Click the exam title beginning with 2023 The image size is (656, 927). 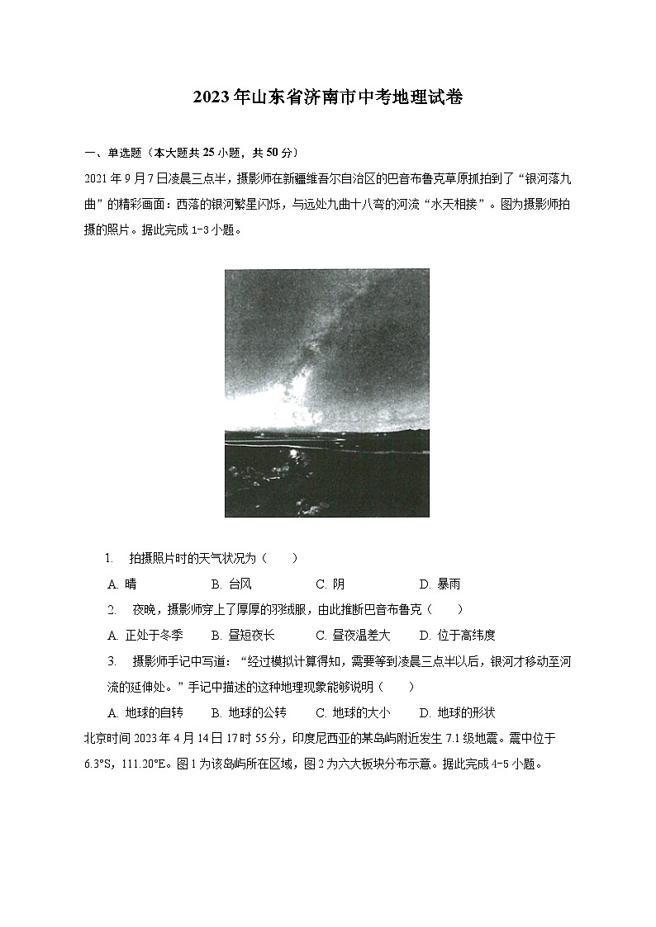point(327,97)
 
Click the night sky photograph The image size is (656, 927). point(326,392)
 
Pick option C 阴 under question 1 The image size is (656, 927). point(330,584)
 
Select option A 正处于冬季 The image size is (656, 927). point(145,635)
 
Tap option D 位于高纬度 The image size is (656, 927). point(457,635)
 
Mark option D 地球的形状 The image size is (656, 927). point(457,712)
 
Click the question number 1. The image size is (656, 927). point(108,559)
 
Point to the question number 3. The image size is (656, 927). point(111,661)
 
